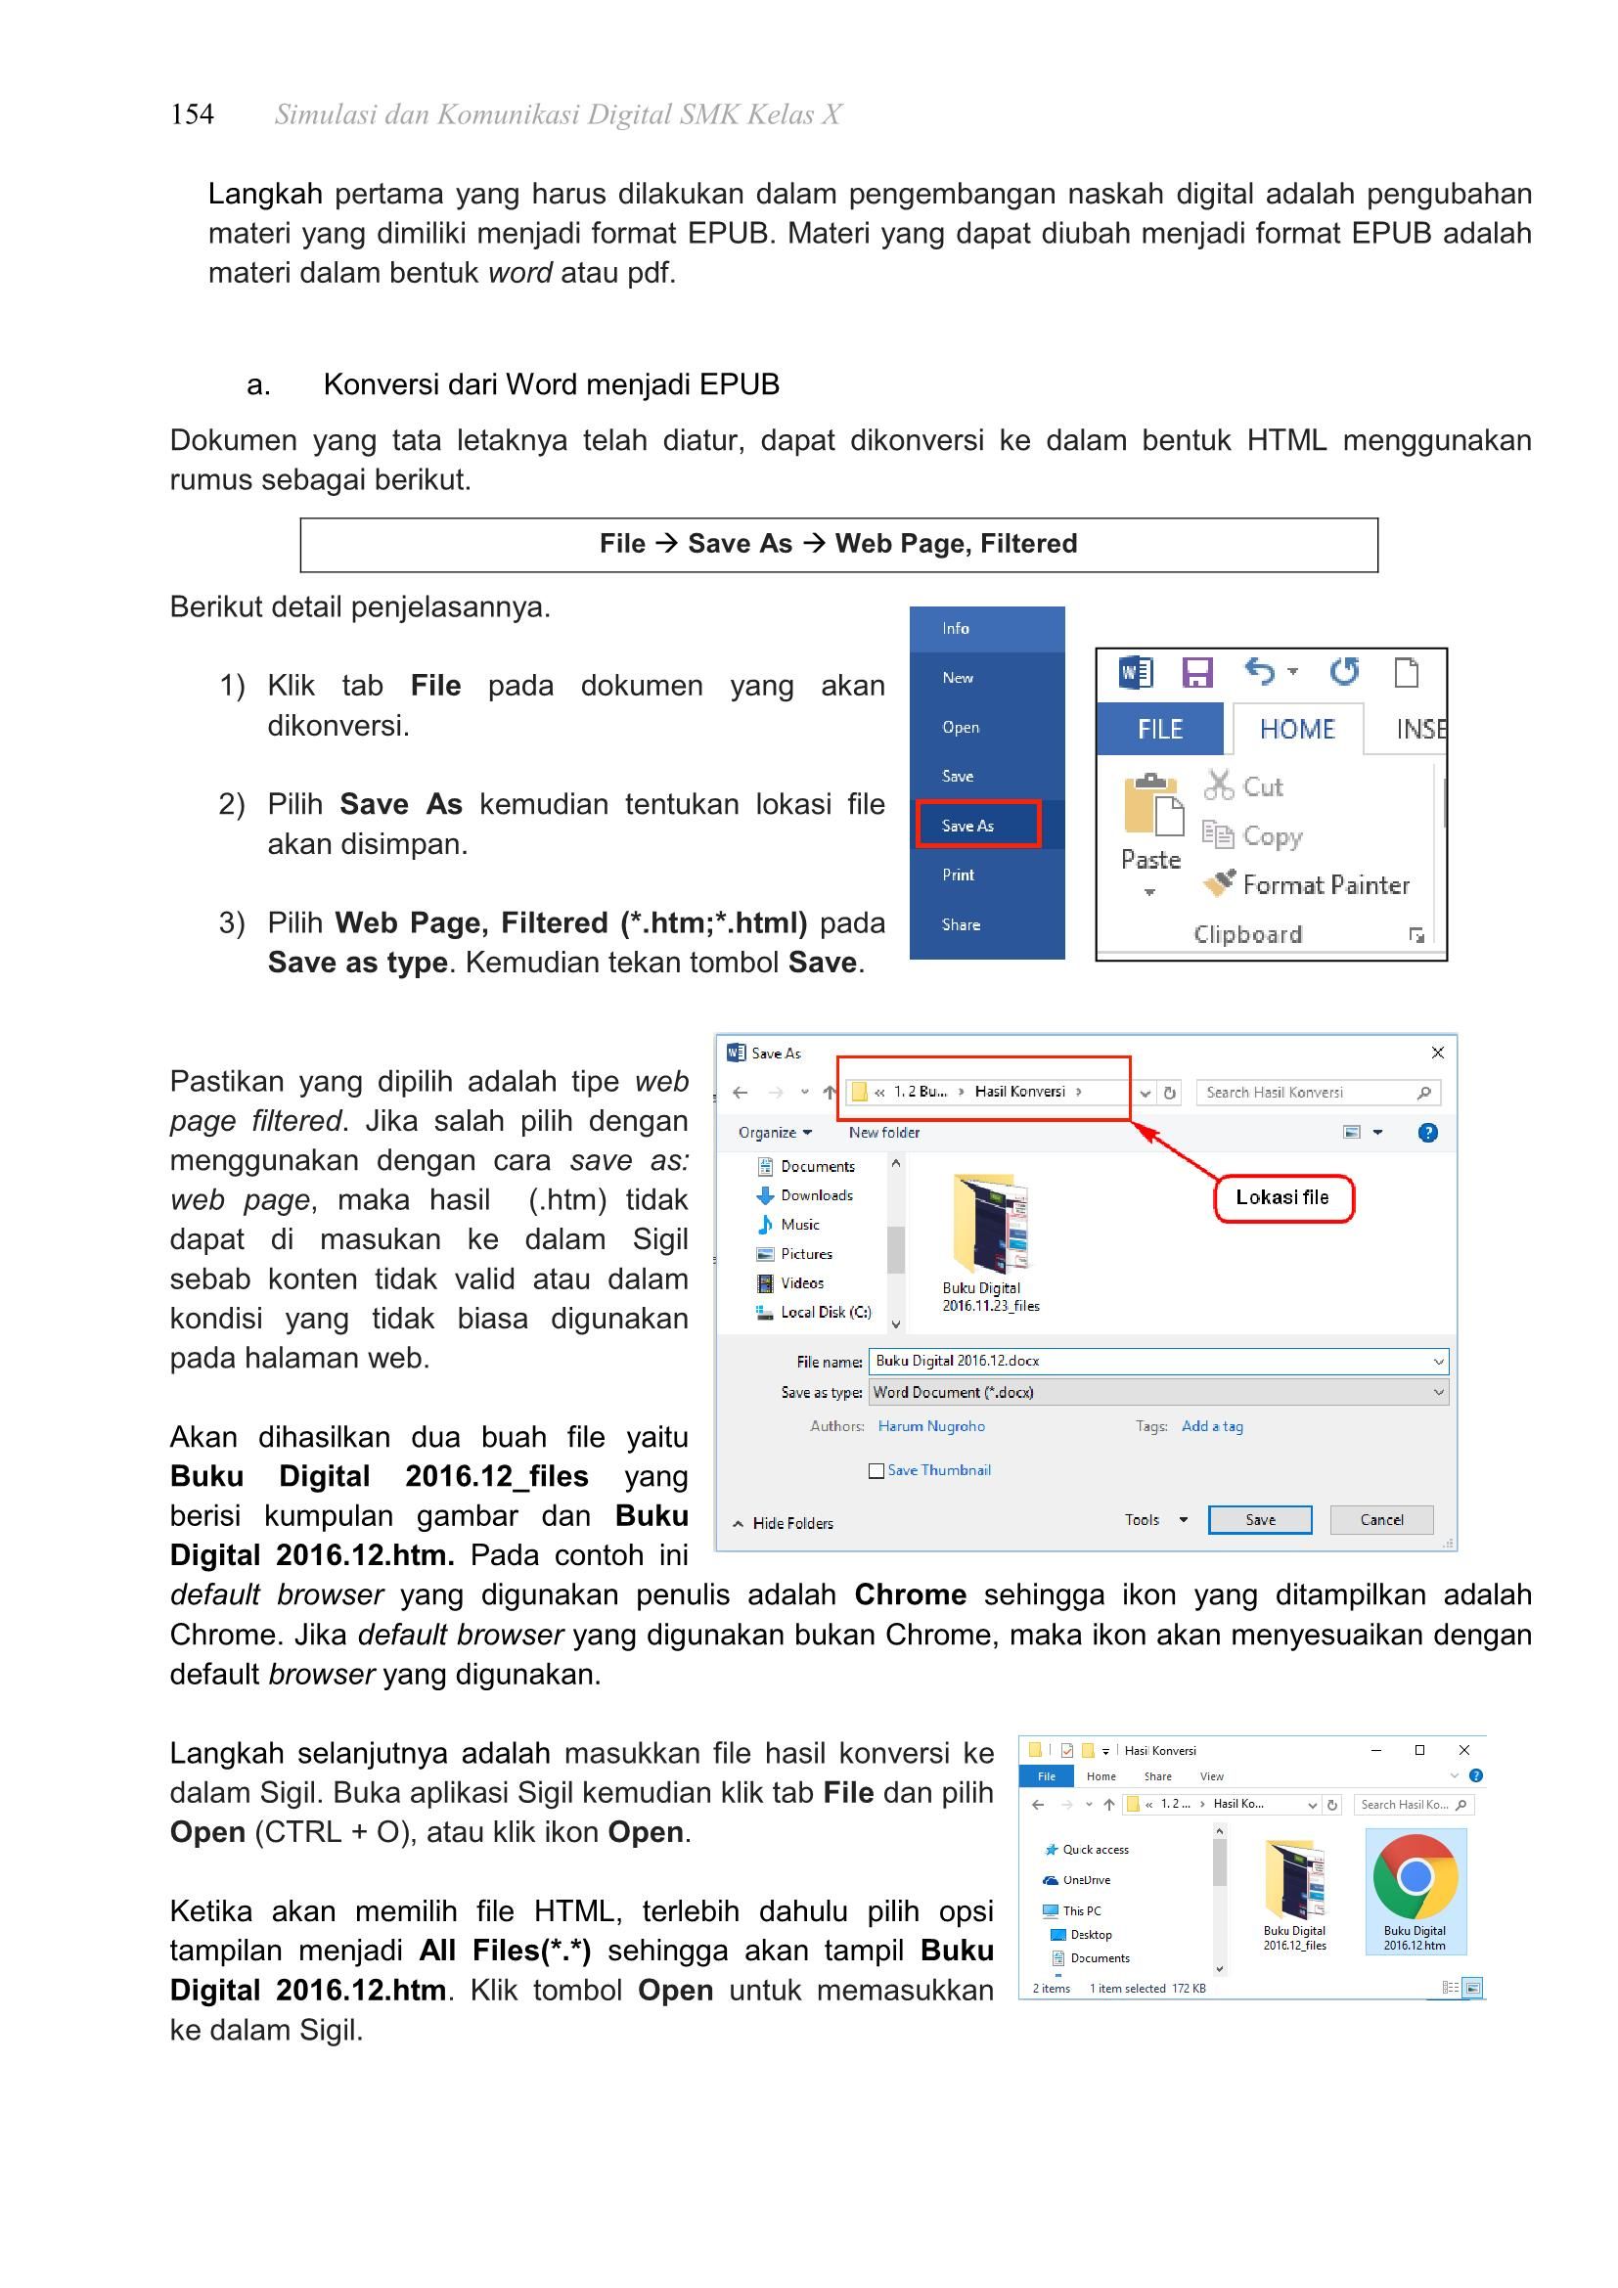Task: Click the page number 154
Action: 192,114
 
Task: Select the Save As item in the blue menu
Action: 967,826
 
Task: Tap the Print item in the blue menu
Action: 958,875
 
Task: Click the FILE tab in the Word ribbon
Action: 1160,730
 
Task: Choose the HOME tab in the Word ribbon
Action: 1296,730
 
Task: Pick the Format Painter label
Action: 1326,885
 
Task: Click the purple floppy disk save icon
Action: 1196,672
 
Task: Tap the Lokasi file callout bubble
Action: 1283,1198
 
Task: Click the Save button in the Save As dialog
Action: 1259,1520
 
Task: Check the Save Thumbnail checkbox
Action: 876,1471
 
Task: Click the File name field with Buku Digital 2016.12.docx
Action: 1158,1362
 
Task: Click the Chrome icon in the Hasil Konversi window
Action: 1415,1875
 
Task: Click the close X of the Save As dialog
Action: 1438,1053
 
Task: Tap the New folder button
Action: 883,1132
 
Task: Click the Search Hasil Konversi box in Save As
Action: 1318,1093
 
